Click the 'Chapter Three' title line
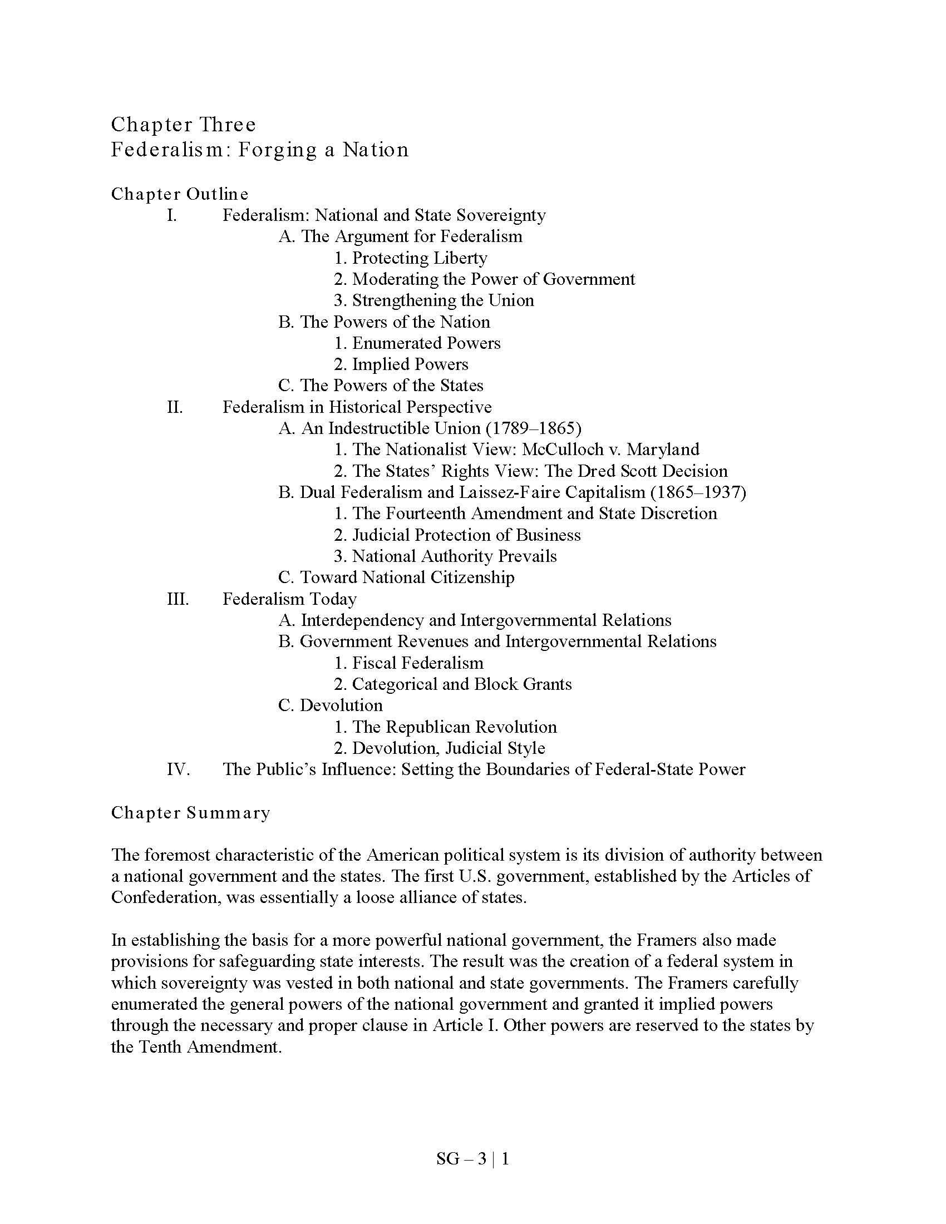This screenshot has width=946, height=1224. (183, 125)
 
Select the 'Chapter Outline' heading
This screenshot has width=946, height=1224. (179, 194)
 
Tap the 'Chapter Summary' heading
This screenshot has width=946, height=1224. (190, 813)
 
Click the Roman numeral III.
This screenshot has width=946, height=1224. (178, 599)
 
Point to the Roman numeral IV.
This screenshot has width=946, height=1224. (178, 769)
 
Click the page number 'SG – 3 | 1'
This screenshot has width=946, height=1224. (472, 1159)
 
